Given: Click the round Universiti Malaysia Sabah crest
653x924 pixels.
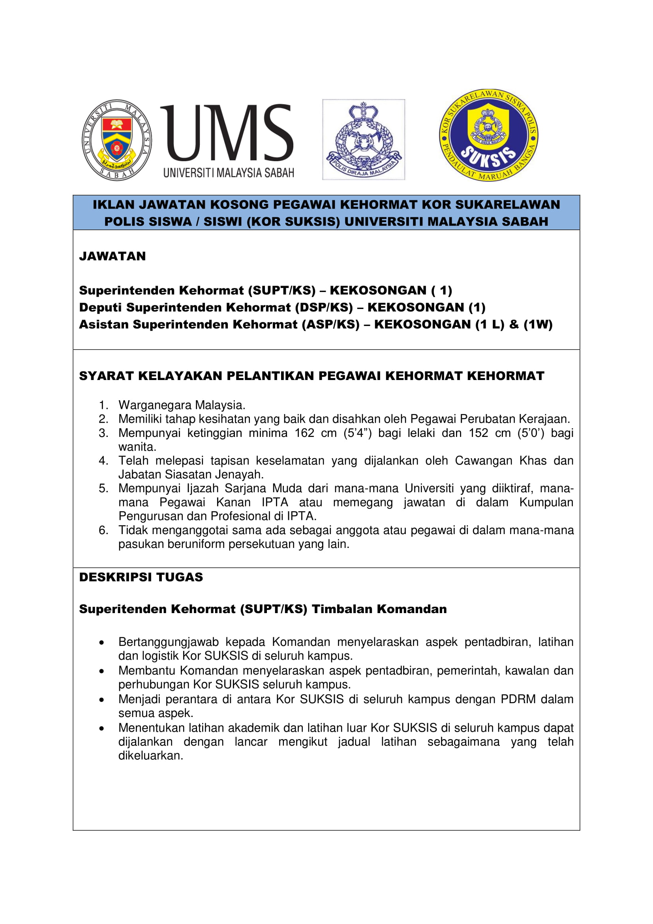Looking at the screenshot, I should click(x=116, y=140).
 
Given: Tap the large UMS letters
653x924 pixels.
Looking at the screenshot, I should click(x=227, y=133).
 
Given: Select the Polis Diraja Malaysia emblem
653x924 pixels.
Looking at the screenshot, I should click(x=364, y=139).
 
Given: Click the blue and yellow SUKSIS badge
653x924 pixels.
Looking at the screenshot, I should click(x=488, y=135).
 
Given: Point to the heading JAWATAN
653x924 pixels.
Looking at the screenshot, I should click(x=112, y=256).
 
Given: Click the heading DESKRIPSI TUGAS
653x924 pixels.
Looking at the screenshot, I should click(x=141, y=577).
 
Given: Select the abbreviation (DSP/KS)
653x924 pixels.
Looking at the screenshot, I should click(x=324, y=307).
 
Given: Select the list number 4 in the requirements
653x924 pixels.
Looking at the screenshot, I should click(x=103, y=461).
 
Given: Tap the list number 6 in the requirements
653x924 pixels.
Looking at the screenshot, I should click(x=103, y=531).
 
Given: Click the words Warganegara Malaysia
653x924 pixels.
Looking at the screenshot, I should click(x=182, y=405).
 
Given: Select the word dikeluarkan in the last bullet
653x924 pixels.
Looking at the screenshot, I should click(x=150, y=756).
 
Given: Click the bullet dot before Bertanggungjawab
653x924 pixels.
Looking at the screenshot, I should click(x=102, y=643).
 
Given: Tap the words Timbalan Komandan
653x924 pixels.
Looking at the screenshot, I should click(x=379, y=609).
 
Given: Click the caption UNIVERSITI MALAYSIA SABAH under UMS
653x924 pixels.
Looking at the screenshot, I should click(x=228, y=173).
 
